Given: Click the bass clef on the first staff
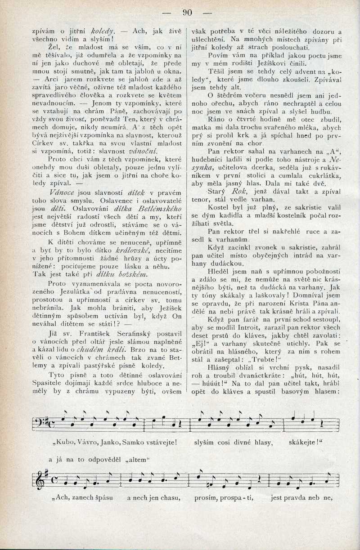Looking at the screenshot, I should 40,422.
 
